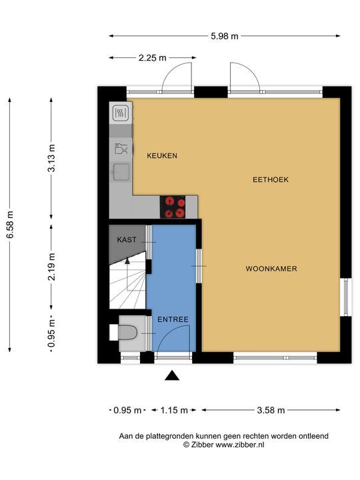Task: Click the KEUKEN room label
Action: tap(162, 156)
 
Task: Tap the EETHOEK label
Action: tap(271, 180)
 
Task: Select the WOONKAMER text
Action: tap(271, 269)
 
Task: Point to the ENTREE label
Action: tap(173, 319)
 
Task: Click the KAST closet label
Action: tap(127, 240)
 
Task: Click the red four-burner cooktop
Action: tap(173, 207)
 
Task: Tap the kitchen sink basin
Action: tap(121, 172)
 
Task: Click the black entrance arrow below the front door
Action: tap(172, 375)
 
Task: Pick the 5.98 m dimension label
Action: tap(225, 36)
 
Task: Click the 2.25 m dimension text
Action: tap(153, 57)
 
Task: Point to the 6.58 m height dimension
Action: tap(10, 225)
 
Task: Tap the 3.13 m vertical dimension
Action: tap(52, 158)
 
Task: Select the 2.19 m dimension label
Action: tap(52, 267)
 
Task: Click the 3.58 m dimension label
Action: tap(271, 410)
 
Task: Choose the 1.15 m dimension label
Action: tap(174, 410)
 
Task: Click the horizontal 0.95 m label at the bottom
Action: tap(127, 410)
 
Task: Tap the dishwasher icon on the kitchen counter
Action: tap(121, 149)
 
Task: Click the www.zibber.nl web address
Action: tap(240, 445)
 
